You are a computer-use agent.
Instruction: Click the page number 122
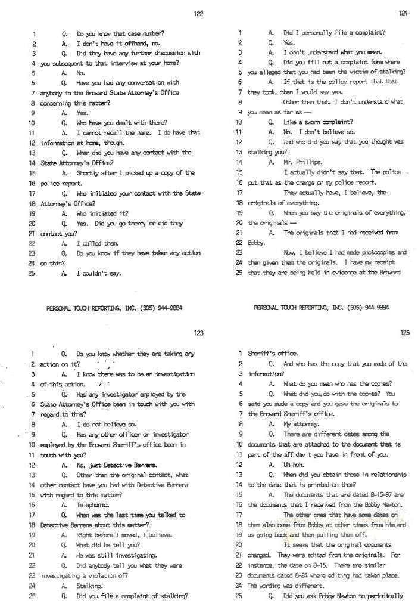(x=199, y=14)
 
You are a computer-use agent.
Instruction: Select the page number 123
(x=199, y=333)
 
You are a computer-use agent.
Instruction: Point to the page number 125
(x=405, y=333)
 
